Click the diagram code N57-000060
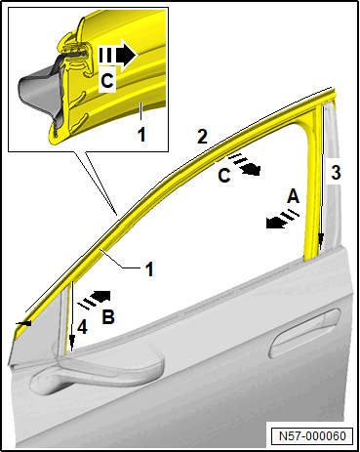pyautogui.click(x=312, y=435)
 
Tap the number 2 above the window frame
pyautogui.click(x=202, y=136)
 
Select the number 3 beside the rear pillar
pyautogui.click(x=336, y=173)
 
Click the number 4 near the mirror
pyautogui.click(x=82, y=327)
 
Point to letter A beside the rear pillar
pyautogui.click(x=293, y=196)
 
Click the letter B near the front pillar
pyautogui.click(x=108, y=316)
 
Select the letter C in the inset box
pyautogui.click(x=107, y=81)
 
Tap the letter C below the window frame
pyautogui.click(x=224, y=176)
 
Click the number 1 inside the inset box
pyautogui.click(x=141, y=134)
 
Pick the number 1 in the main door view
pyautogui.click(x=149, y=269)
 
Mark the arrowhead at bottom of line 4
pyautogui.click(x=72, y=346)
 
